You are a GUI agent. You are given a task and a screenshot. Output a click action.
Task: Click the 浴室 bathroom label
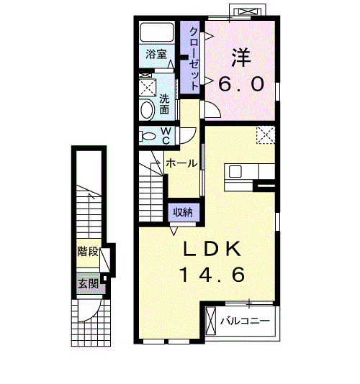156,55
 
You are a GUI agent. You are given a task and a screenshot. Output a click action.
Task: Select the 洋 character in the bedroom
240,55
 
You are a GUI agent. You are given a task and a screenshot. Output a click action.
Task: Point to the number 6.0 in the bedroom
240,84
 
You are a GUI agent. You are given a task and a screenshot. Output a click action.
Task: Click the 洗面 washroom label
165,104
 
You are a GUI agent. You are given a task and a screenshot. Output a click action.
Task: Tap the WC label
166,134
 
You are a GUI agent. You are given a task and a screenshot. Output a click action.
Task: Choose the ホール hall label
181,163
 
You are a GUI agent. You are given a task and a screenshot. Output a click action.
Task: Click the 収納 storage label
181,212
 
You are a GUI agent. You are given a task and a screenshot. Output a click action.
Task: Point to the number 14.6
212,275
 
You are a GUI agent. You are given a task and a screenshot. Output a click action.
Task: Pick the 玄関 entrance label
88,283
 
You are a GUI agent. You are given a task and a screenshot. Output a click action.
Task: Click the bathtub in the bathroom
156,34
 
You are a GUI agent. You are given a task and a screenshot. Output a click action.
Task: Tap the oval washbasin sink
147,110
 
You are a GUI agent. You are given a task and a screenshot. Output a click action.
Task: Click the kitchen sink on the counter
236,172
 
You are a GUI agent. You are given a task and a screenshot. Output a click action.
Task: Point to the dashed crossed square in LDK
266,134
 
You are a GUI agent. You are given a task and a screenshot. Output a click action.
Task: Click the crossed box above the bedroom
249,12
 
